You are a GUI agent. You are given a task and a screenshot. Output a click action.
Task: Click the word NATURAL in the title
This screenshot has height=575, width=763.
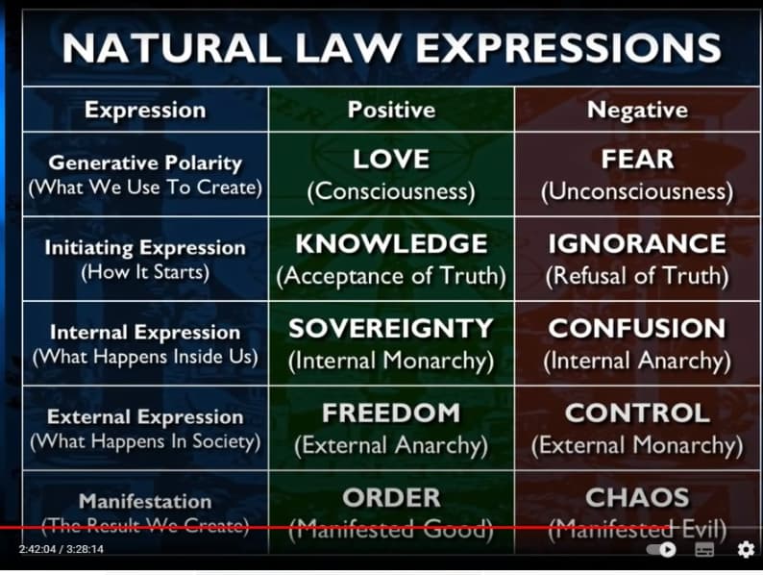(x=171, y=48)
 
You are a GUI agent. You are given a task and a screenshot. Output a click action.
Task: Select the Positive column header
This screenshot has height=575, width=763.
(x=391, y=110)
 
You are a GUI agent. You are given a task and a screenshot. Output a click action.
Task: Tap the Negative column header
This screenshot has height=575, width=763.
(x=637, y=110)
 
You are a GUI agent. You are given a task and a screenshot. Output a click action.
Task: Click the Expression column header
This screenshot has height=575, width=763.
(x=145, y=110)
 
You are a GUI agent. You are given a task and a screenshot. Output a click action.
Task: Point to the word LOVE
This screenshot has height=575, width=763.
(x=391, y=160)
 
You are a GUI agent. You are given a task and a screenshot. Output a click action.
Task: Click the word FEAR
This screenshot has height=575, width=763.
(x=637, y=160)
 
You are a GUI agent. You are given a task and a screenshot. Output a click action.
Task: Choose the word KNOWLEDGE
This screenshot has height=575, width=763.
(x=391, y=243)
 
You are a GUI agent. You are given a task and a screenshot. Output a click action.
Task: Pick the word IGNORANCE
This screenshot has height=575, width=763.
(x=637, y=243)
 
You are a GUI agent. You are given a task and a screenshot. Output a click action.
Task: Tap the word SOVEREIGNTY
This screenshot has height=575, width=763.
(x=391, y=328)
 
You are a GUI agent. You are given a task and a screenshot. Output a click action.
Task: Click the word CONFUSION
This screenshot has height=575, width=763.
(x=637, y=328)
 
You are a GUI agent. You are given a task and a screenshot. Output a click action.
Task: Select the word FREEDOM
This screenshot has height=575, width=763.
(x=391, y=412)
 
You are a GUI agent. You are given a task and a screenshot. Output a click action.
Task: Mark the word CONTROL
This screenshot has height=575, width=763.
(x=637, y=412)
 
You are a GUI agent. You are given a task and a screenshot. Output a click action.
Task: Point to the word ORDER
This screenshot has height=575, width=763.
(x=391, y=497)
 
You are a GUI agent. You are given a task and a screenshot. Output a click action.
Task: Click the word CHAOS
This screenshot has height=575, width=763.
(x=637, y=497)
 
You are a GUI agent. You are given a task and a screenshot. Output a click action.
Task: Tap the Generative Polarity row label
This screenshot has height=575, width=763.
(x=145, y=163)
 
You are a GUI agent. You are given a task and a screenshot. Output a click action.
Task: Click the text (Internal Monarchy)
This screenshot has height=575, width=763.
(x=391, y=362)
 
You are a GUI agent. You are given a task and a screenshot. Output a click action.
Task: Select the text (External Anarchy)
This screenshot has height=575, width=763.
(x=391, y=446)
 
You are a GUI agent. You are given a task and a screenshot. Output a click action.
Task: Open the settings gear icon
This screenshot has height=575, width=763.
(x=746, y=549)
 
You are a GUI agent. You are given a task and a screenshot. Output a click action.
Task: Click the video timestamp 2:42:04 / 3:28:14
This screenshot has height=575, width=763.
(x=62, y=549)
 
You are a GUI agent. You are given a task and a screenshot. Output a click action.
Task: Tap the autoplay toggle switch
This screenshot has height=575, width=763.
(x=661, y=549)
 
